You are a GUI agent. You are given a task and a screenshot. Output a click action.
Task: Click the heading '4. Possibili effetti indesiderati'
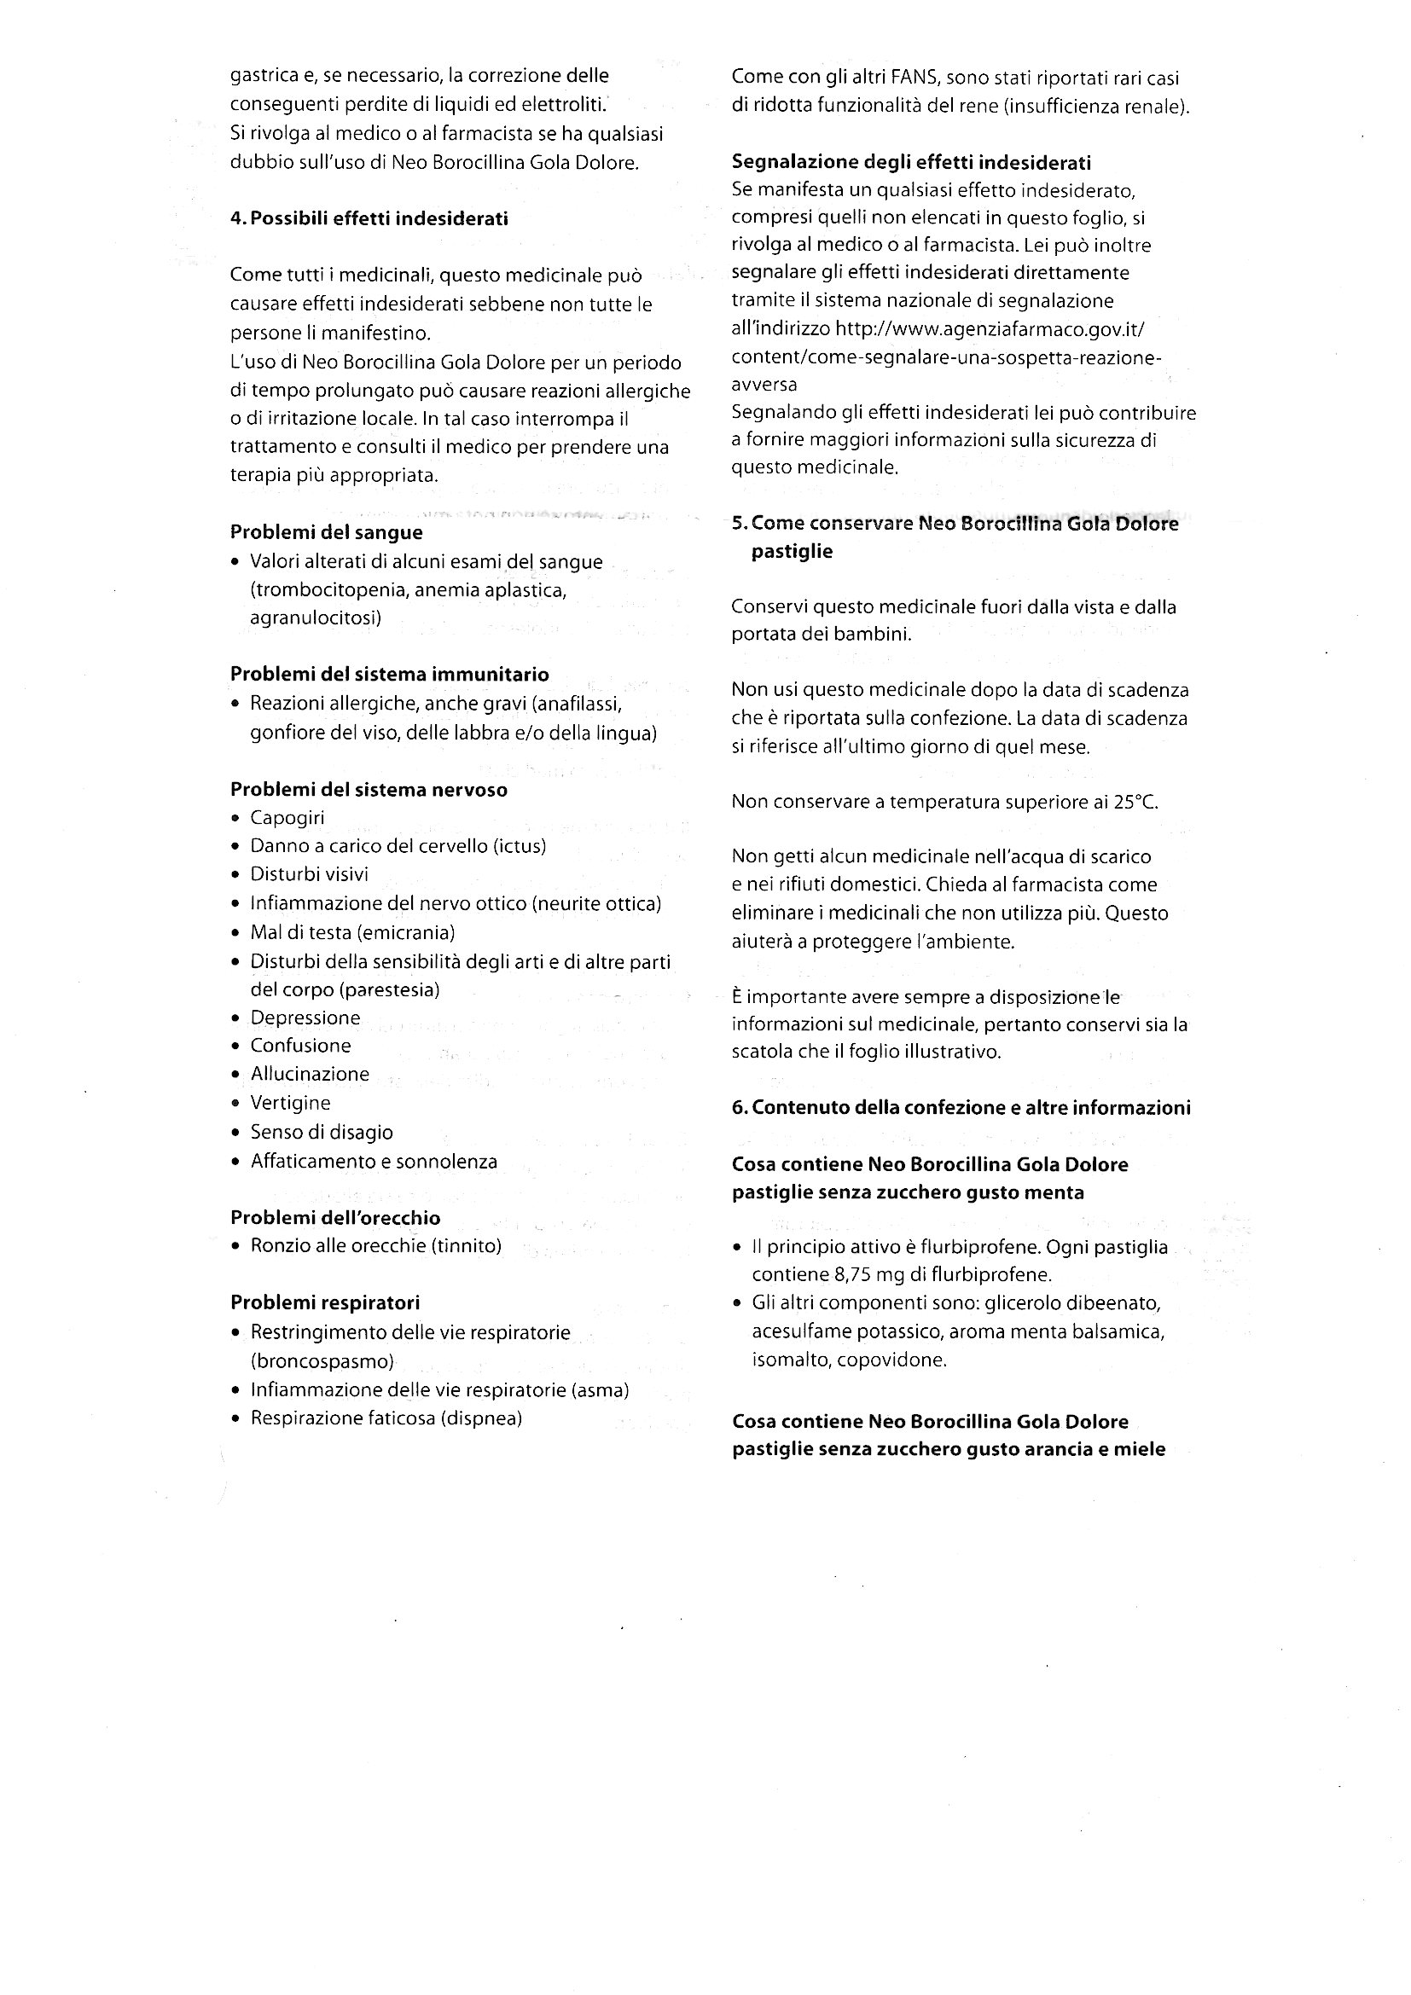(x=369, y=219)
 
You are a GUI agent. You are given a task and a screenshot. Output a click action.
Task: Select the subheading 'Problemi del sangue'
(x=326, y=532)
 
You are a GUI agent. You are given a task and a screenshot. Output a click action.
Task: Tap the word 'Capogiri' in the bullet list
(x=287, y=818)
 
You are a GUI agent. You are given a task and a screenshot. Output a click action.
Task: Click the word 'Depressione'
(x=305, y=1018)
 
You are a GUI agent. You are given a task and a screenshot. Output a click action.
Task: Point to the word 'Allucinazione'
(x=310, y=1074)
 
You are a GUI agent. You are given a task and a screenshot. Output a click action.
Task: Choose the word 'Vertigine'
(x=290, y=1103)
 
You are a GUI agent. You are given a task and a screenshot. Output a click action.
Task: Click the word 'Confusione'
(x=300, y=1046)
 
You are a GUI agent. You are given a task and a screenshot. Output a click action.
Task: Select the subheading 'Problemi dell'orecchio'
(x=335, y=1217)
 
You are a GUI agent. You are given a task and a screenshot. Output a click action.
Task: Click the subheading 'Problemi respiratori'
(x=325, y=1302)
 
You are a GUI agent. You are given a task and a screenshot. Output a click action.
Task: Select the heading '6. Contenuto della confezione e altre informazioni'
(x=961, y=1108)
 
